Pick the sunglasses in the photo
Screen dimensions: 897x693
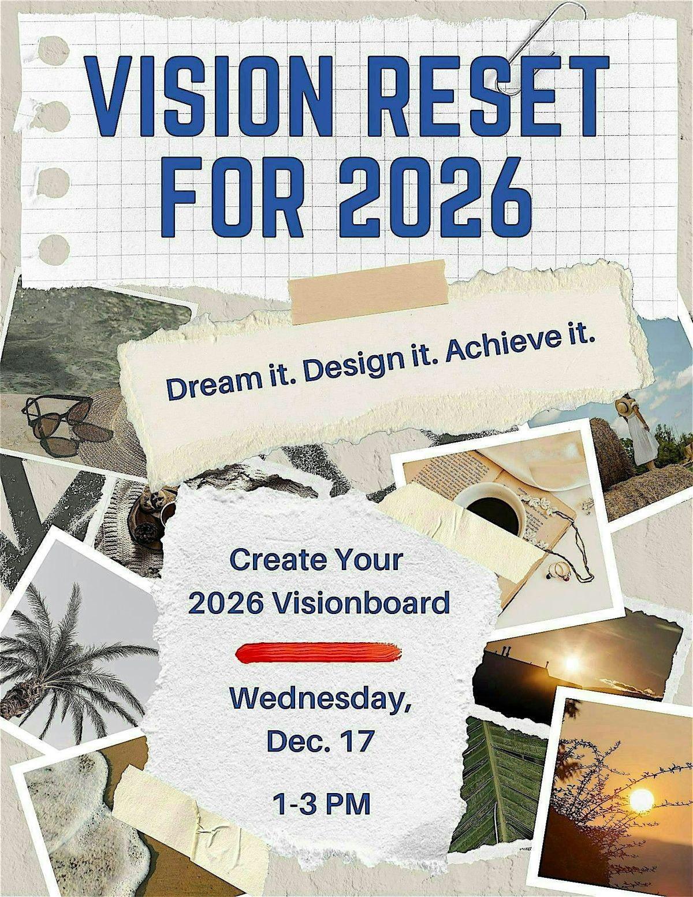58,425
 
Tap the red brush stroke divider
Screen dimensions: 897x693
319,652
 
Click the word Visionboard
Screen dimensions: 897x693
360,604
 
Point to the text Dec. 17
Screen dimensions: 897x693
321,741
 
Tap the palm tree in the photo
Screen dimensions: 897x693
64,653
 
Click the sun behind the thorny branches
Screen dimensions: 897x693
640,800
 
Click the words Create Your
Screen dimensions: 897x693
316,560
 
